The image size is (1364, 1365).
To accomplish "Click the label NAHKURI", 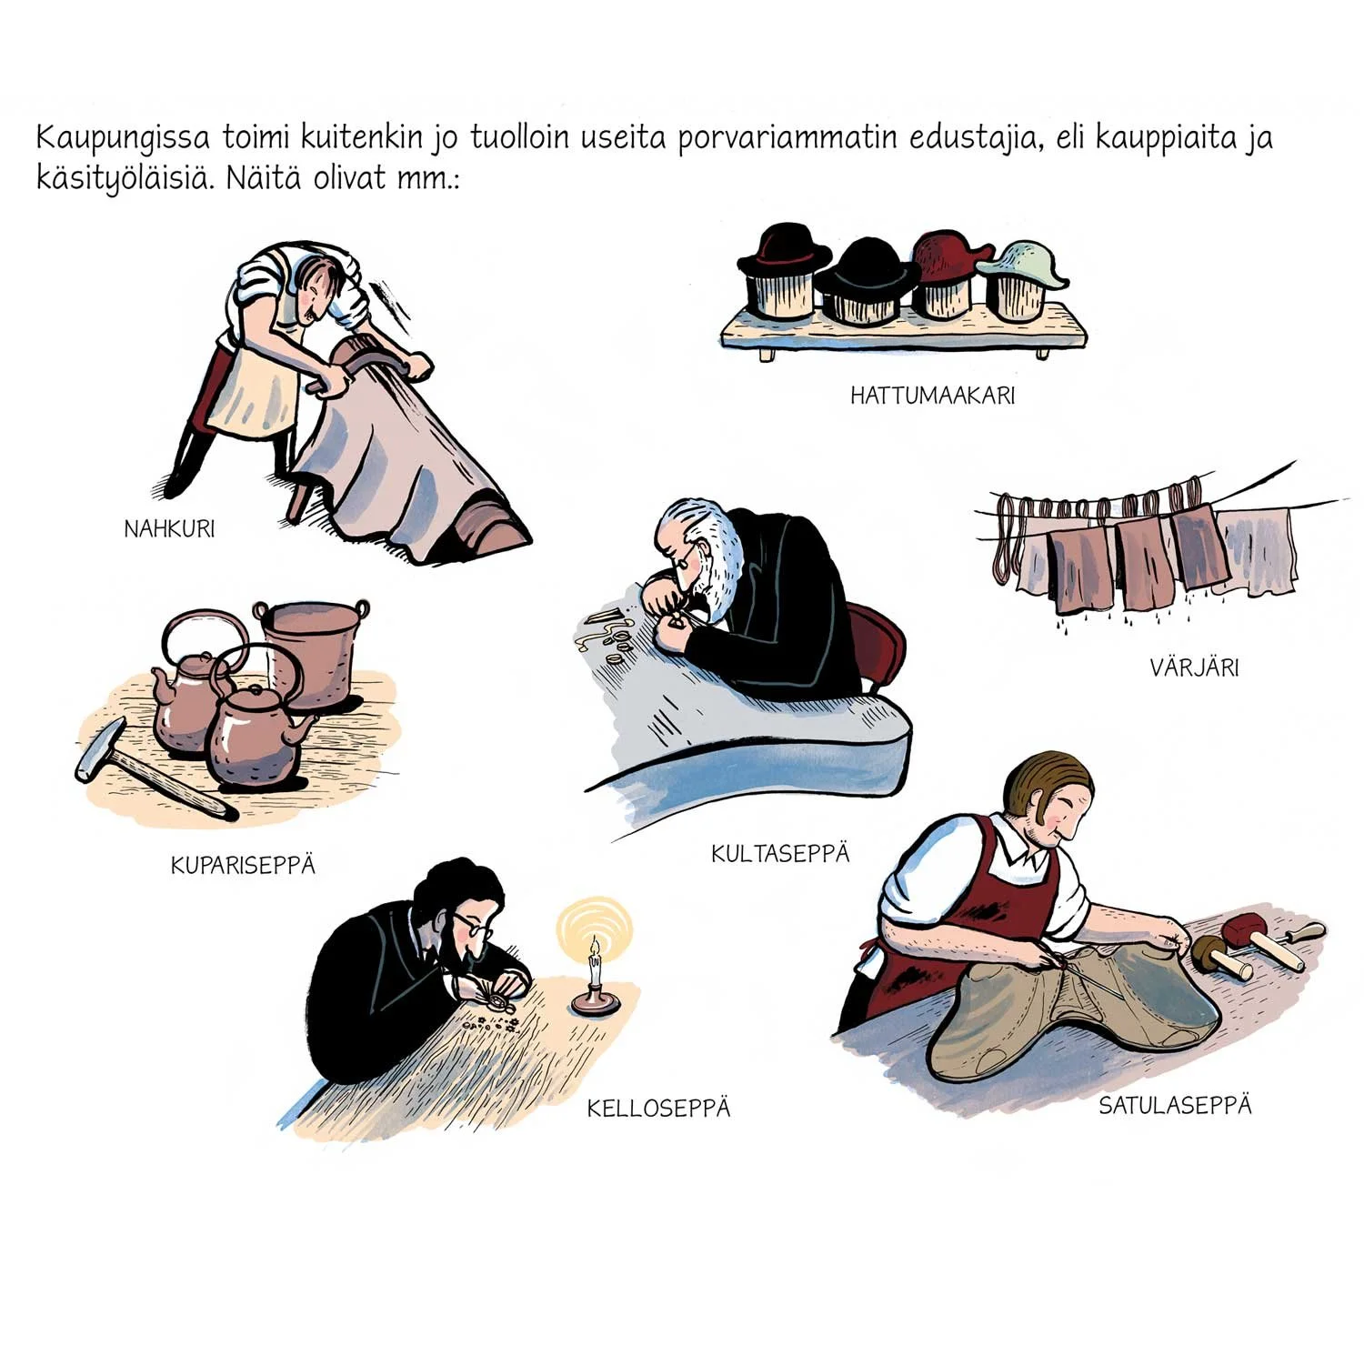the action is [x=170, y=528].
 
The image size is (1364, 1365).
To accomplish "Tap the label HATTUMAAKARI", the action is [x=932, y=396].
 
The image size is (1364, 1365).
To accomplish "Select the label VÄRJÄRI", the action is [x=1194, y=667].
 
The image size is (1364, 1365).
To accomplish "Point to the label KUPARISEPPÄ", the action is [x=243, y=864].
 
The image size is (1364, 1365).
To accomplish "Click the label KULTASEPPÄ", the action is [x=780, y=853].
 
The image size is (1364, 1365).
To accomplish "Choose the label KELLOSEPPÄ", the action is [x=658, y=1108].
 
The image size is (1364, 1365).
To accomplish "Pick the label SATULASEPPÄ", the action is [x=1175, y=1105].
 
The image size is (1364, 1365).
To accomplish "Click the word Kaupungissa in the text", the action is [x=124, y=139].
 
